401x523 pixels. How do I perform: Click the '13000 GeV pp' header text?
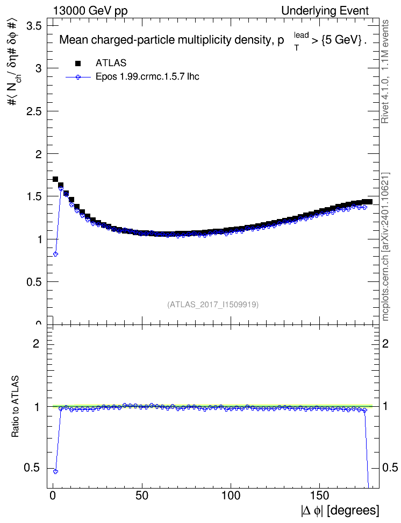[x=90, y=11]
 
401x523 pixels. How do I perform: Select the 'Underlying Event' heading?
[x=325, y=11]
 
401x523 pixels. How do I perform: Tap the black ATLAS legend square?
[x=78, y=63]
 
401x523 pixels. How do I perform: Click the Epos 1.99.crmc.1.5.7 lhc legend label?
[x=147, y=77]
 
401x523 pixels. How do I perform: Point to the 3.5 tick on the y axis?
[x=34, y=26]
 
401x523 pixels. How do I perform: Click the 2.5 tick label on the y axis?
[x=34, y=111]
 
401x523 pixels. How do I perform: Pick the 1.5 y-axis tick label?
[x=34, y=196]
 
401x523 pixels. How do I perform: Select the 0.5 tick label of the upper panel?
[x=34, y=282]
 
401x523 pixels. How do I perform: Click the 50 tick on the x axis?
[x=142, y=496]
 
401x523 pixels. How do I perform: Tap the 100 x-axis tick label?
[x=231, y=496]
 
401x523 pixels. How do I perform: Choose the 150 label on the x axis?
[x=320, y=496]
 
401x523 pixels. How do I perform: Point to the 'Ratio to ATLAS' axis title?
[x=16, y=406]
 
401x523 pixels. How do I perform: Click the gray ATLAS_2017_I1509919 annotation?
[x=213, y=305]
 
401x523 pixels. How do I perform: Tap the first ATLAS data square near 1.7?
[x=56, y=179]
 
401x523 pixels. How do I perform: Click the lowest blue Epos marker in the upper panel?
[x=56, y=254]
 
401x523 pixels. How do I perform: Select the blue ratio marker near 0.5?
[x=56, y=471]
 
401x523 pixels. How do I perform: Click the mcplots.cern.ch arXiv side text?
[x=385, y=246]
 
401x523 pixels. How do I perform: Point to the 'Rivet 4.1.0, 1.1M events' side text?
[x=385, y=72]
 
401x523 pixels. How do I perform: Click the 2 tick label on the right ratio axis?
[x=385, y=343]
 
